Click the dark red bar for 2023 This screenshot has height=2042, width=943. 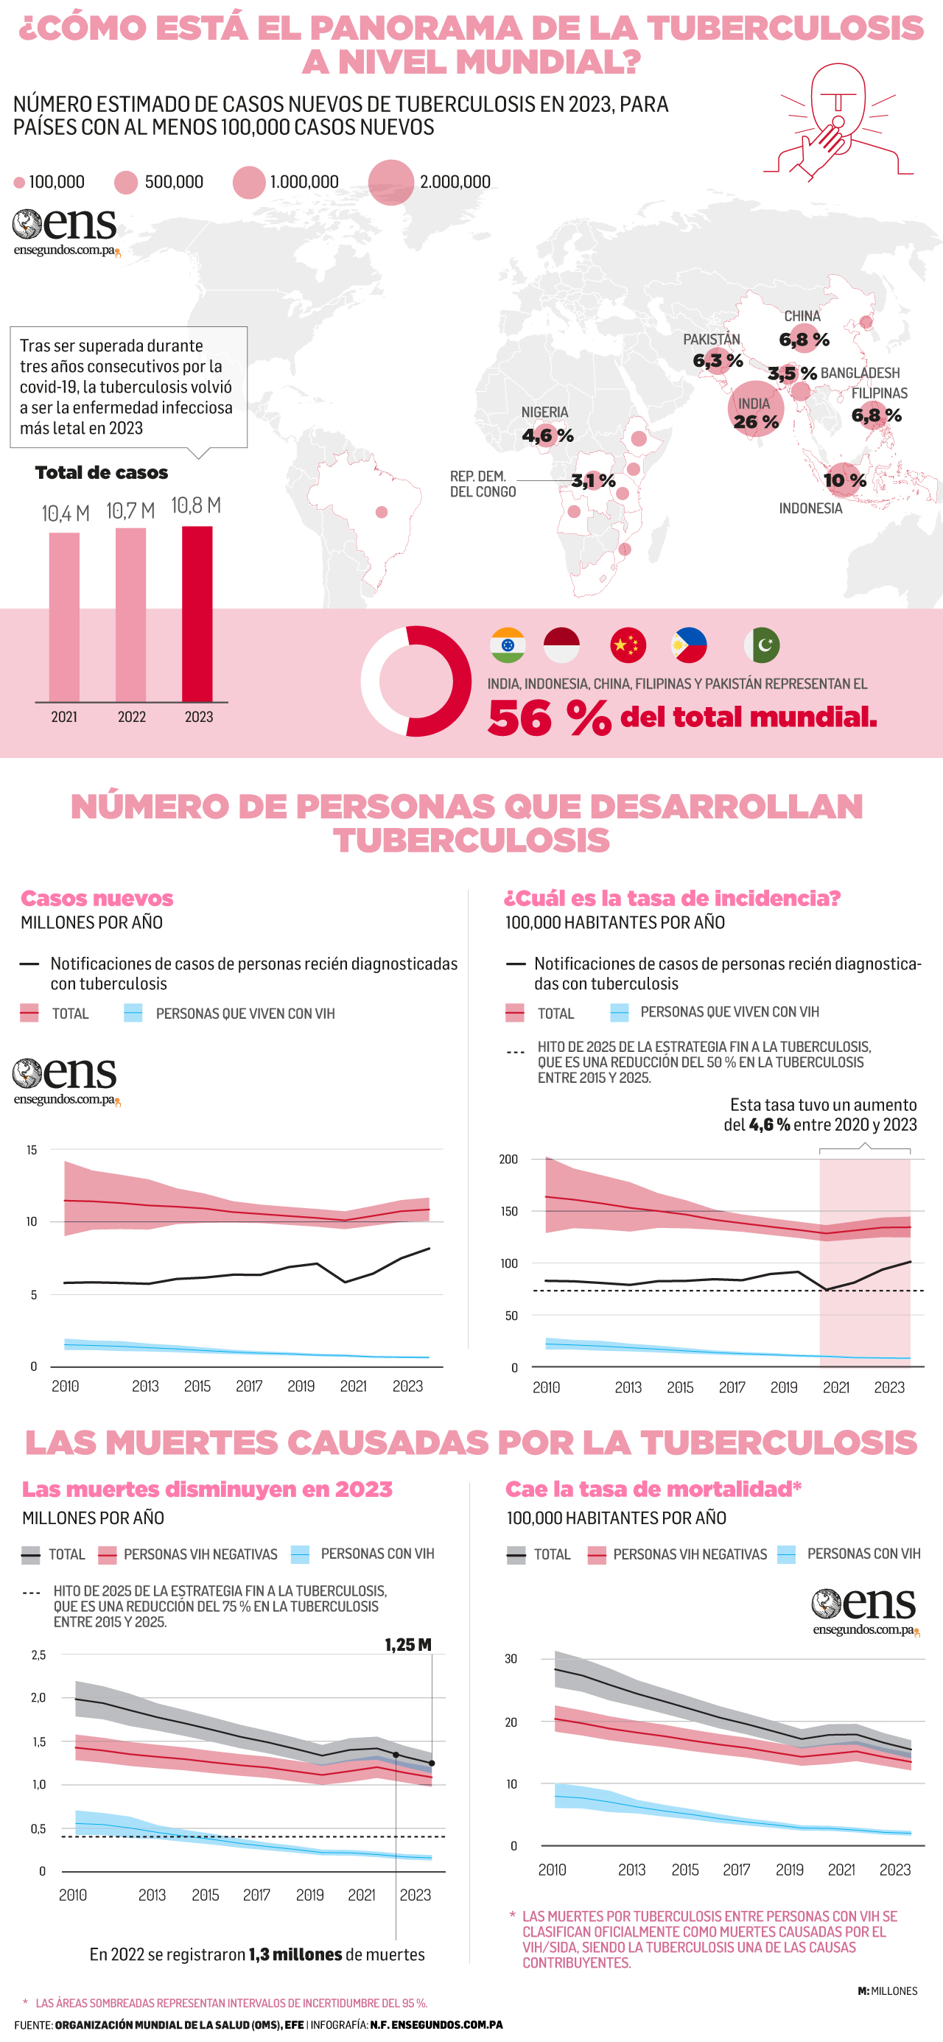(197, 614)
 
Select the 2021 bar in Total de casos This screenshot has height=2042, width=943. (64, 617)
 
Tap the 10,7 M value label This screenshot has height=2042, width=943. (131, 511)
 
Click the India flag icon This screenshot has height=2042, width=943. (508, 645)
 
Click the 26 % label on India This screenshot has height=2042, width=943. (756, 421)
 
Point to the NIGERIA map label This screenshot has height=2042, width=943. (545, 413)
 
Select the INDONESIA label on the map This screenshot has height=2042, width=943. (810, 508)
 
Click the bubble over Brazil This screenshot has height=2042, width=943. (382, 512)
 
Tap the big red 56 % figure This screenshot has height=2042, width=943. (549, 718)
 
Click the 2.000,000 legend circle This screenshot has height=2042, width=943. (391, 183)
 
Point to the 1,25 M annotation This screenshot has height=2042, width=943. (408, 1645)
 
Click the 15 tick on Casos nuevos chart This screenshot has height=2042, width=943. (32, 1149)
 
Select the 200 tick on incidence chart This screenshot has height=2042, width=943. (508, 1159)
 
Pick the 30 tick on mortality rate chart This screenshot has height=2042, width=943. (511, 1658)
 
